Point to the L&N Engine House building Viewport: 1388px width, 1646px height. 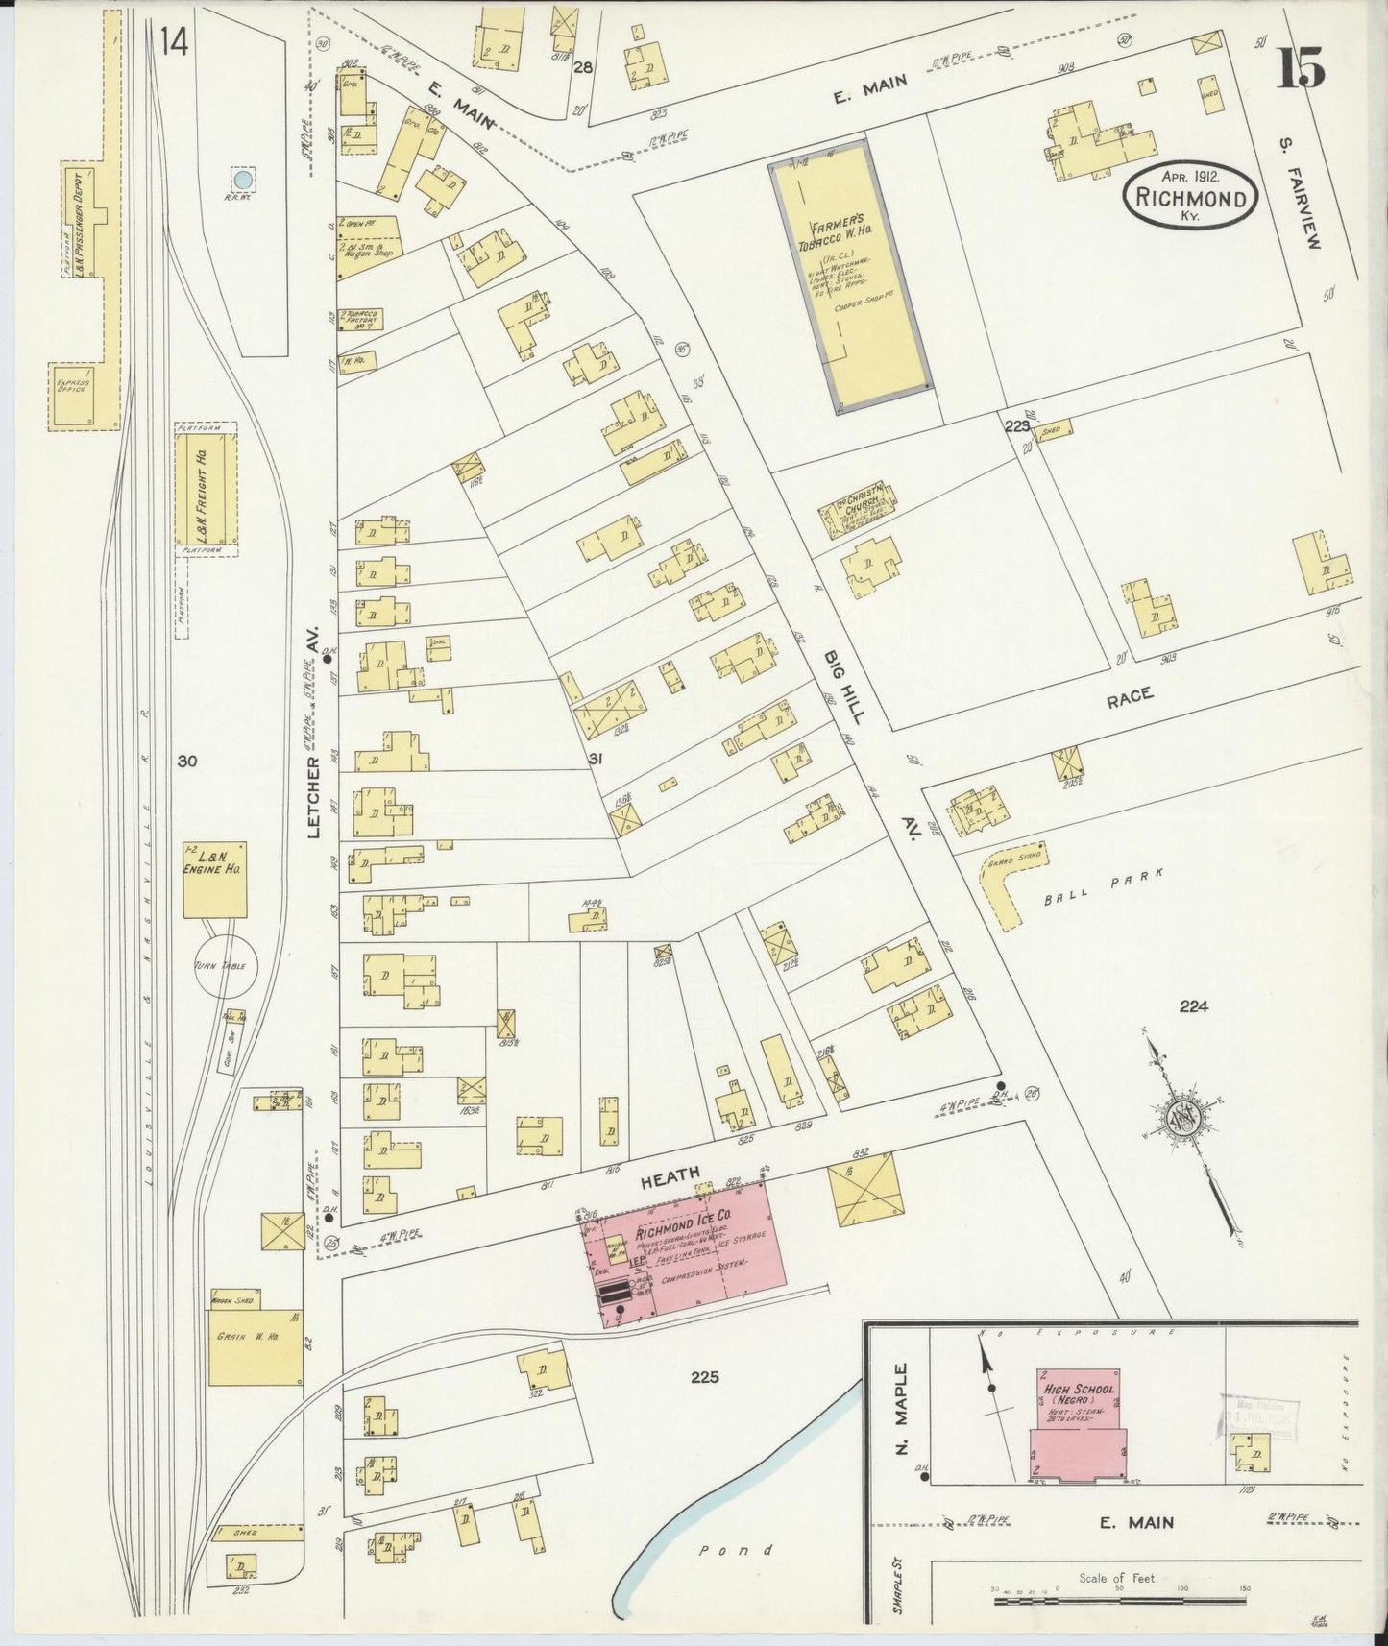pos(215,880)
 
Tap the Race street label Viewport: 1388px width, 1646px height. pos(1130,697)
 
